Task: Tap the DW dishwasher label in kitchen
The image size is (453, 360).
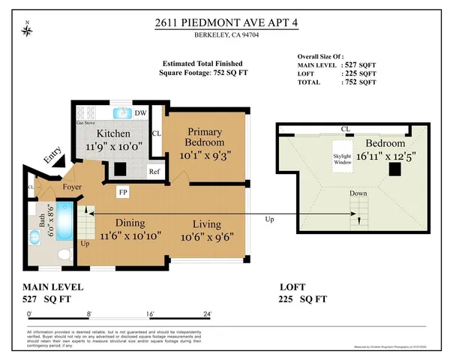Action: coord(139,113)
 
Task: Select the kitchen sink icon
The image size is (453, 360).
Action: coord(121,113)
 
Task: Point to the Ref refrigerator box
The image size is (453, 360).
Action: coord(154,171)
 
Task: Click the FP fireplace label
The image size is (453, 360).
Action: coord(121,192)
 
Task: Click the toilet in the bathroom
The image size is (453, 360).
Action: coord(65,256)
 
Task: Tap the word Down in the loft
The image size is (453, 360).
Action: coord(358,193)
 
